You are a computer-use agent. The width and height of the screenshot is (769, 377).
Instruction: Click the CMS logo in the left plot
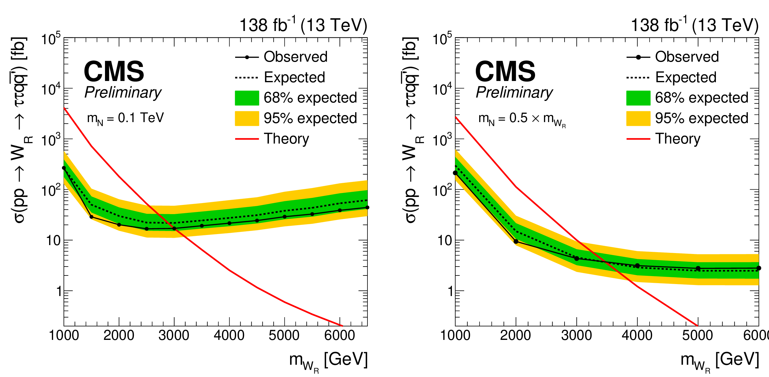(x=114, y=71)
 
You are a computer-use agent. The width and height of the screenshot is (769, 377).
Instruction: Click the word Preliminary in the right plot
(x=514, y=92)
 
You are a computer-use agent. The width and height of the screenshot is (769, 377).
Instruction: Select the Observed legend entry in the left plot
(x=281, y=57)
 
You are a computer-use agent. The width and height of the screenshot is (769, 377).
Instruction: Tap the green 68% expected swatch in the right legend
(x=638, y=98)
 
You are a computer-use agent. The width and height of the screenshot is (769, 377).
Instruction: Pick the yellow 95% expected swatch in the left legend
(x=247, y=118)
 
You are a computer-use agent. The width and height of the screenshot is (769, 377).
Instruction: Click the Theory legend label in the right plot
(x=678, y=139)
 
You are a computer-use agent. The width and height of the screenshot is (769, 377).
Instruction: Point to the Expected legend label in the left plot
(x=294, y=77)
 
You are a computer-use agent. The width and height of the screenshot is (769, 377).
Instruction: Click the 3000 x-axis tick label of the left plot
(x=174, y=335)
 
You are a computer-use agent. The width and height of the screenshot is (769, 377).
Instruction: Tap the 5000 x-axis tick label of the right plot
(x=697, y=335)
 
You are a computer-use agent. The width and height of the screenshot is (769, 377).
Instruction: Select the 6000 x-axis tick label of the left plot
(x=340, y=335)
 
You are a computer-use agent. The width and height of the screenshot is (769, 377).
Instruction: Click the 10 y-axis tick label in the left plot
(x=53, y=241)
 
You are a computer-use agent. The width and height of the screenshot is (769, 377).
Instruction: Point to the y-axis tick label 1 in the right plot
(x=450, y=291)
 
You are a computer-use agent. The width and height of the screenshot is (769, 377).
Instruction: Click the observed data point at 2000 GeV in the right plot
(x=516, y=242)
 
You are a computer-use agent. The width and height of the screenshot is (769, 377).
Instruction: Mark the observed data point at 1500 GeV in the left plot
(x=91, y=217)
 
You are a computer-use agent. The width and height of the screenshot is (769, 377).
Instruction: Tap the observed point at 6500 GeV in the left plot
(x=367, y=208)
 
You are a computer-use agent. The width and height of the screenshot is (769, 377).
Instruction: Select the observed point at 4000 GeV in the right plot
(x=637, y=266)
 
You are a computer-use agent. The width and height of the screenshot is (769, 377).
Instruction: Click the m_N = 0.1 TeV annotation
(x=126, y=119)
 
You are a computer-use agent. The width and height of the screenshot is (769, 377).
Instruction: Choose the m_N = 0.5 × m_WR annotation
(x=522, y=120)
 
